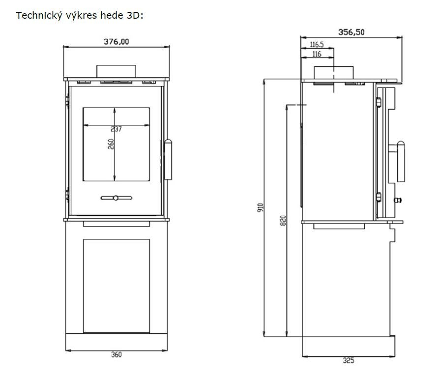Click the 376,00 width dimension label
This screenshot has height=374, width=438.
click(x=116, y=42)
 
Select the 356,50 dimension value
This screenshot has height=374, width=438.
click(x=351, y=32)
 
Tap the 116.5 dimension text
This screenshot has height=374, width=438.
click(x=317, y=44)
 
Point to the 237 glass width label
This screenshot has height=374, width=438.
click(x=116, y=129)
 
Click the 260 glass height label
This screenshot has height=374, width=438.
click(x=111, y=144)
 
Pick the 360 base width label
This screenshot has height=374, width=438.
click(x=117, y=355)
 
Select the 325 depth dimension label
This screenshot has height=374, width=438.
click(x=349, y=361)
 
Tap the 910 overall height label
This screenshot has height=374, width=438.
click(x=261, y=207)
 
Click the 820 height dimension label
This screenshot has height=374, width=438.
click(x=283, y=220)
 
